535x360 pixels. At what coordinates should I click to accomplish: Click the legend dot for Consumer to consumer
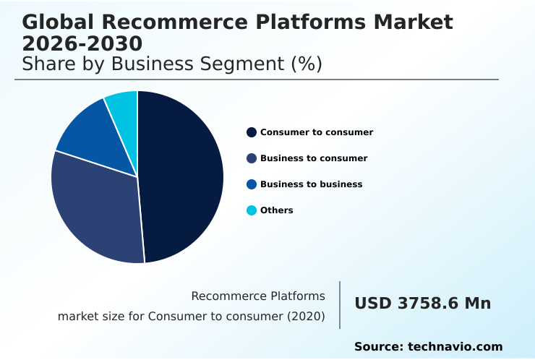(252, 132)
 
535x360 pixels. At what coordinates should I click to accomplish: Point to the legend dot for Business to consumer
(252, 158)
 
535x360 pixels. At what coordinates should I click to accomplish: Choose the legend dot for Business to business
(252, 184)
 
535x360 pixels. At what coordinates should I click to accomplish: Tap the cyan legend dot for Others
(252, 210)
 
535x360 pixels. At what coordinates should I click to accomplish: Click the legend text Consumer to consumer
(317, 132)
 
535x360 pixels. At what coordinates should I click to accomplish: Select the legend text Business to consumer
(314, 158)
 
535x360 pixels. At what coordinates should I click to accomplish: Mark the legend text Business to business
(311, 184)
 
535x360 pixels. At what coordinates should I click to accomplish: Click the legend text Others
(277, 210)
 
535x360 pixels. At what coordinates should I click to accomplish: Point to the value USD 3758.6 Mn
(422, 304)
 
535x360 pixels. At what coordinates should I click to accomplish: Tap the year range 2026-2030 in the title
(82, 43)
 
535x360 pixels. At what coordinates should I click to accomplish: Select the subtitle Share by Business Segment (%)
(172, 64)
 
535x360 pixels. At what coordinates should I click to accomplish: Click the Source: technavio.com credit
(428, 347)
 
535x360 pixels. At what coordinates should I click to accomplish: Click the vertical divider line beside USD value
(340, 305)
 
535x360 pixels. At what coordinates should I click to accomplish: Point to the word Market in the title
(414, 22)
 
